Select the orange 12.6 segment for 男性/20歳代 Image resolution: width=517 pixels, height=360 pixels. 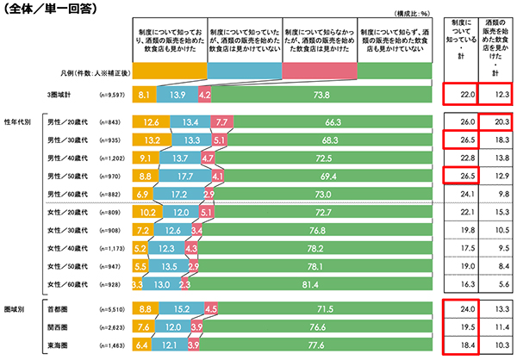(151, 122)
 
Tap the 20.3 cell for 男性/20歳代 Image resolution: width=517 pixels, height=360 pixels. (495, 122)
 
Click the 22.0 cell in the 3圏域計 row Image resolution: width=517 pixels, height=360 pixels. (457, 92)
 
